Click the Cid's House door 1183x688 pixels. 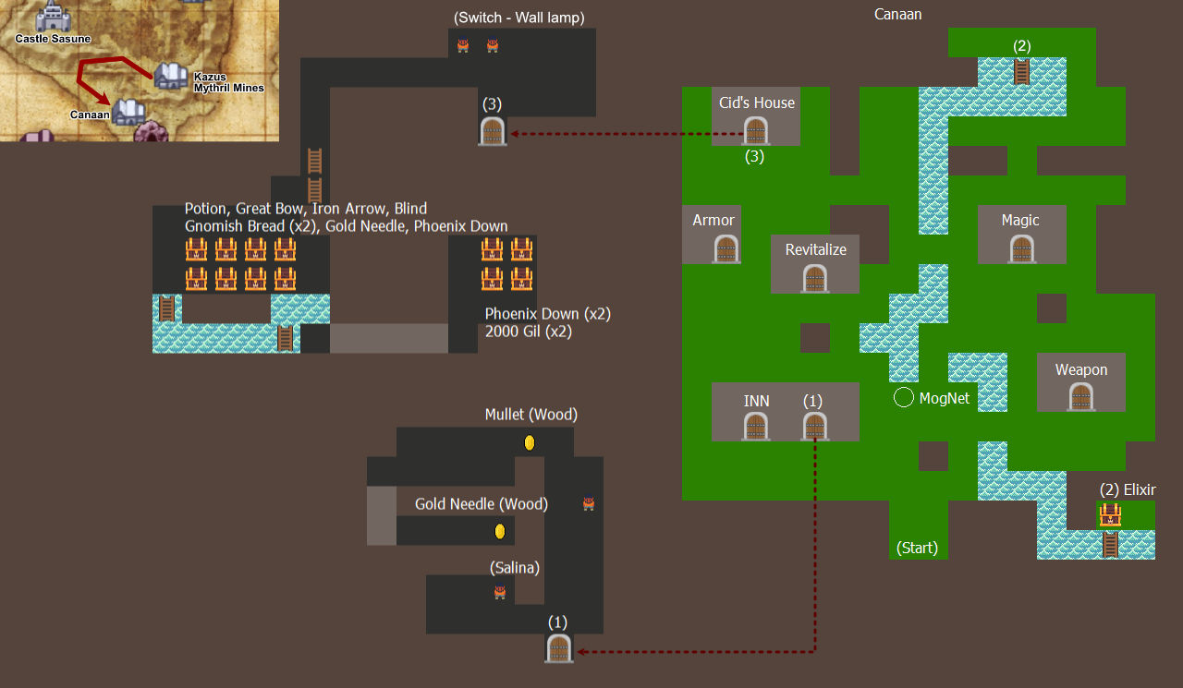tap(756, 130)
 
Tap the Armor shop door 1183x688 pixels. tap(726, 248)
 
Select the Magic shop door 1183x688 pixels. tap(1022, 248)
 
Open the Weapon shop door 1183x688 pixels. tap(1081, 396)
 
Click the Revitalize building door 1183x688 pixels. tap(815, 278)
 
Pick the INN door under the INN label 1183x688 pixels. tap(756, 426)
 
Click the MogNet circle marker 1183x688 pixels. tap(904, 397)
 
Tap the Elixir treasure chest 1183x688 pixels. tap(1110, 515)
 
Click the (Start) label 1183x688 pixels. tap(917, 548)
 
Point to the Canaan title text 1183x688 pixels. tap(897, 14)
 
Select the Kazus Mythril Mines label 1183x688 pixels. tap(228, 82)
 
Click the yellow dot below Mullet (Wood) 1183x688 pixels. tap(530, 442)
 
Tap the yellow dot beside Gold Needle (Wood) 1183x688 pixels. tap(500, 531)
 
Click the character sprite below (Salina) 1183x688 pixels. tap(500, 592)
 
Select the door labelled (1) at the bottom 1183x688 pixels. tap(559, 648)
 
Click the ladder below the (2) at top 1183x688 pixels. tap(1021, 72)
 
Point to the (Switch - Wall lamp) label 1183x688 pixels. tap(519, 18)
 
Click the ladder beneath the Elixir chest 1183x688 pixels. tap(1110, 545)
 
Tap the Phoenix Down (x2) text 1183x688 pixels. tap(548, 314)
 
